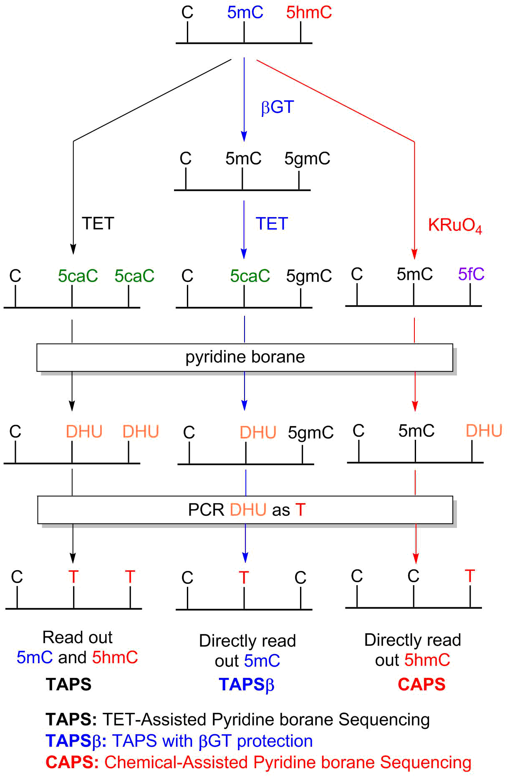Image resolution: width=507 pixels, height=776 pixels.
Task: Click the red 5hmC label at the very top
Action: (309, 13)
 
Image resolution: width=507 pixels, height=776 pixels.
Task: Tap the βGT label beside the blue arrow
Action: (277, 107)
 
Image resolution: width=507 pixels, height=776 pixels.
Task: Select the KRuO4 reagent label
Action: (455, 226)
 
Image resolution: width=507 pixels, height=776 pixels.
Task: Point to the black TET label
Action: (98, 224)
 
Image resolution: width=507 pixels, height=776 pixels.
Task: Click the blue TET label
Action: (272, 224)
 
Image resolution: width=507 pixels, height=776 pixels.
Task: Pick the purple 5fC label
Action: (471, 274)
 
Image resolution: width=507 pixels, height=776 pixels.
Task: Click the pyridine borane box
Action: (245, 358)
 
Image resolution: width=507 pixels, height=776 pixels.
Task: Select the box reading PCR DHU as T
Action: (245, 510)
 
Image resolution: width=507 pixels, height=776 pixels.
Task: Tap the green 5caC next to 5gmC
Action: (250, 276)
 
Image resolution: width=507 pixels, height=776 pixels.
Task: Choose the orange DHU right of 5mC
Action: (484, 431)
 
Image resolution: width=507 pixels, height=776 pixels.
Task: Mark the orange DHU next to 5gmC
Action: (258, 433)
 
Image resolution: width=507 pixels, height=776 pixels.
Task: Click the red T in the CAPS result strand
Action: (470, 576)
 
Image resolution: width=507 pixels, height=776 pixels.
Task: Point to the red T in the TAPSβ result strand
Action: (244, 578)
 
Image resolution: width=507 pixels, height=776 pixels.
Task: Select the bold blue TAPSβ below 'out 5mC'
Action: (246, 685)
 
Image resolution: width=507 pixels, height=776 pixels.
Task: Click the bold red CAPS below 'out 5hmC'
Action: (421, 685)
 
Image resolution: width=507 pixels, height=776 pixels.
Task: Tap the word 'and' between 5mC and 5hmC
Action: (72, 657)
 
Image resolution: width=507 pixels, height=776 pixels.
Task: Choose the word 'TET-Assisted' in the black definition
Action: (154, 720)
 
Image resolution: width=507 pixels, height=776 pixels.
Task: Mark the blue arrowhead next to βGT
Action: (244, 136)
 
